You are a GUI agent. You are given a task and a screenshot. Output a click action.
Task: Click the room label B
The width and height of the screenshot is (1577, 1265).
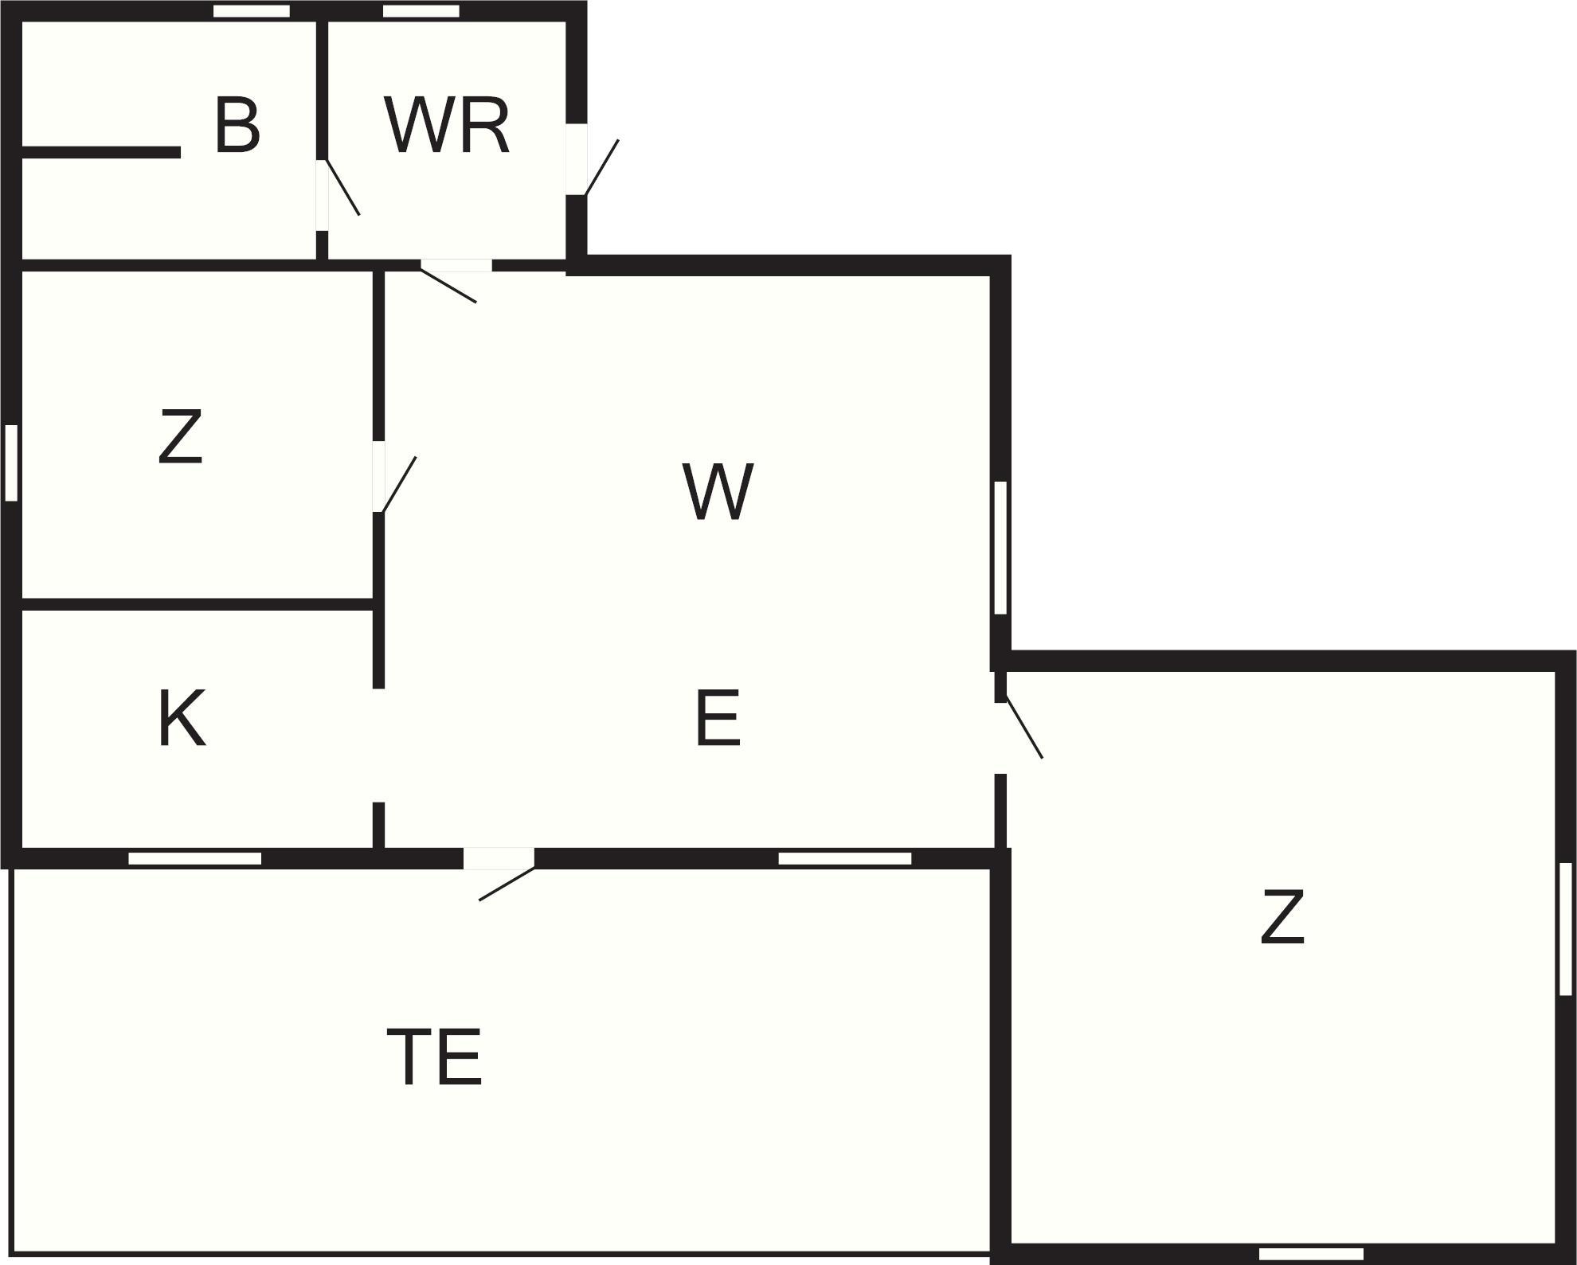(x=237, y=126)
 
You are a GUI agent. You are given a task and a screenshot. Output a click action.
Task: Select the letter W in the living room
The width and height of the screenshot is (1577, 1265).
(x=717, y=492)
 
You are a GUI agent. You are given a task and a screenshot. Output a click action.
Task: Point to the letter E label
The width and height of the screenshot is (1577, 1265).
(x=717, y=720)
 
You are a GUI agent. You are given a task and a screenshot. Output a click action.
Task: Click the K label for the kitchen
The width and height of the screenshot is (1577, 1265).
(x=182, y=720)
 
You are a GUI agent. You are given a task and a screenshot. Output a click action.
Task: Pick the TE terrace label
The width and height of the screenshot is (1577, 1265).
(x=434, y=1057)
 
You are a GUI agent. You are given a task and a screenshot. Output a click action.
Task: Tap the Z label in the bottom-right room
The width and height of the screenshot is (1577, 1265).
(x=1282, y=918)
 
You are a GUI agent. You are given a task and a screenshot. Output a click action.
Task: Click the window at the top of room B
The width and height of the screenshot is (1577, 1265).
(x=252, y=11)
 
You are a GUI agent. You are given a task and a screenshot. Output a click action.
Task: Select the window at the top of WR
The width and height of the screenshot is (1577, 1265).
(x=421, y=11)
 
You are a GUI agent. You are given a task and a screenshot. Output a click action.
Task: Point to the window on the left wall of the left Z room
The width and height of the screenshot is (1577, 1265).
(x=11, y=463)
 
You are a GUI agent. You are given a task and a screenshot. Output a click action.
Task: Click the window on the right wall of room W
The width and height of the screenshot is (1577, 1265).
(x=1000, y=547)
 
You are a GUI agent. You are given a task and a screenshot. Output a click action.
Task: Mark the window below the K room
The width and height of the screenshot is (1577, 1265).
(x=194, y=858)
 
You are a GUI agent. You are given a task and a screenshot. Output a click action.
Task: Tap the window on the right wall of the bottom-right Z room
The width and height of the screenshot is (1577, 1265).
(x=1565, y=928)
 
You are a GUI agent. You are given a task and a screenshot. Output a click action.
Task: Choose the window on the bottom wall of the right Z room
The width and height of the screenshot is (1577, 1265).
(x=1310, y=1255)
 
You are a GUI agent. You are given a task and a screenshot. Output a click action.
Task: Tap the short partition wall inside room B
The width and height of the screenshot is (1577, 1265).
(x=100, y=152)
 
